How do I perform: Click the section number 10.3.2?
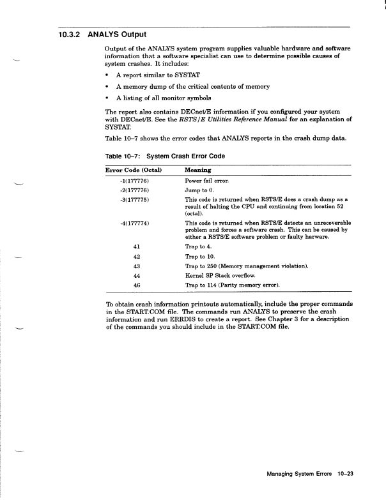pyautogui.click(x=67, y=34)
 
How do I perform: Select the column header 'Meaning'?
pyautogui.click(x=199, y=170)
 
